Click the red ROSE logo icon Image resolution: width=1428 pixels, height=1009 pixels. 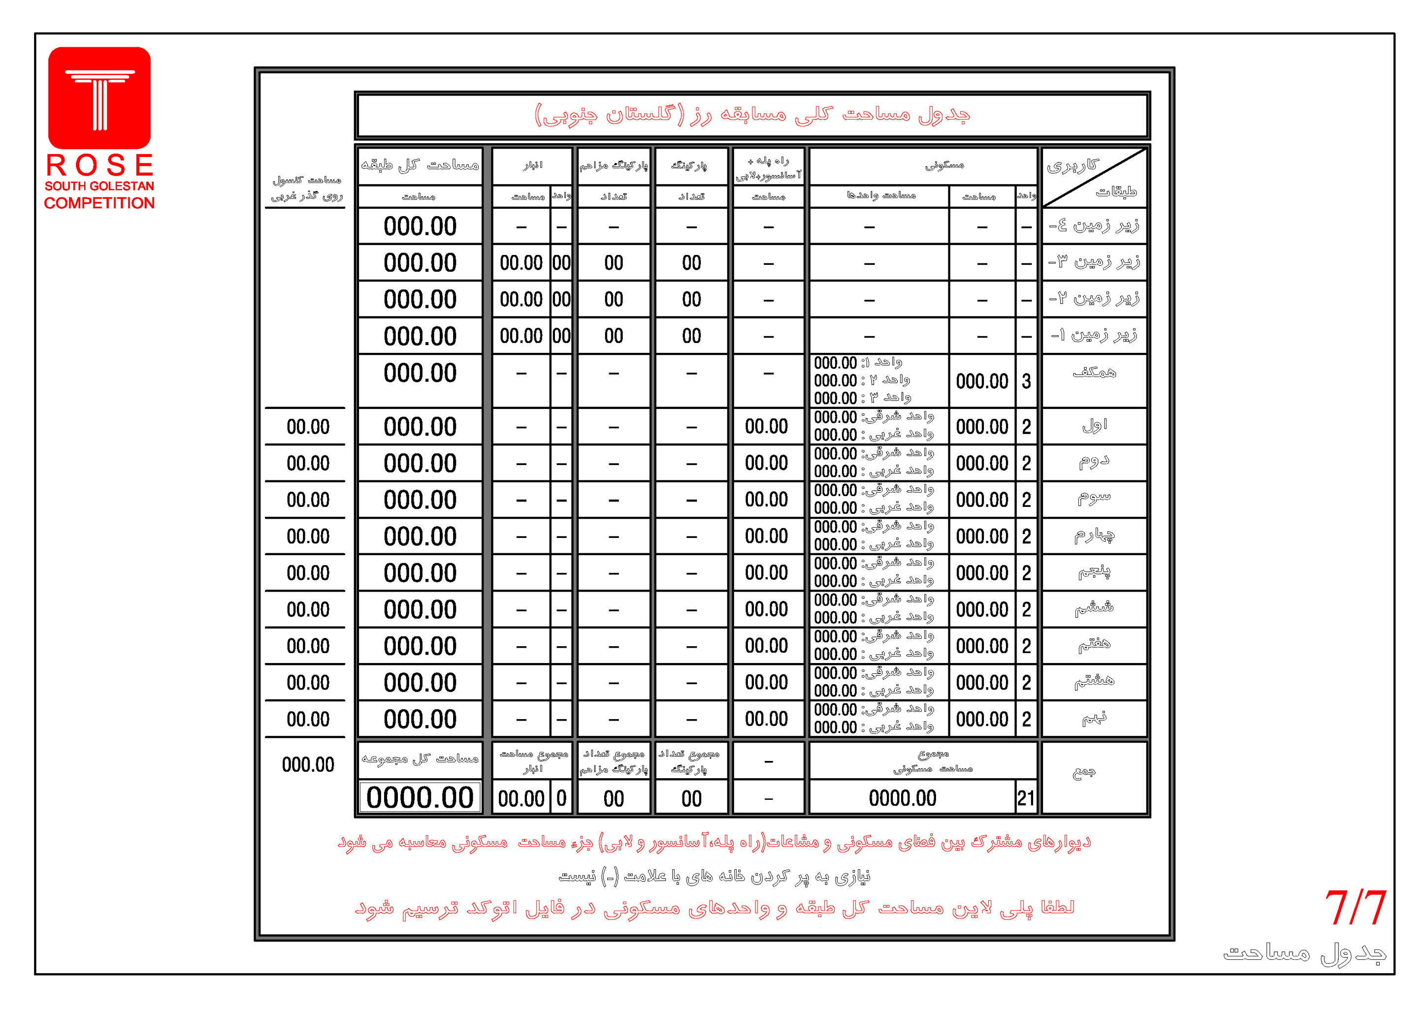(x=99, y=97)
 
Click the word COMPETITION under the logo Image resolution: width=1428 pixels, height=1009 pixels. (x=99, y=203)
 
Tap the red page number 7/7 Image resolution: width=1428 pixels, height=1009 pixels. (x=1355, y=908)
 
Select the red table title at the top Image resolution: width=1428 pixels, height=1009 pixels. (x=752, y=115)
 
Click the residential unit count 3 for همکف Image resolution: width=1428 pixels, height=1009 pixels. (x=1026, y=381)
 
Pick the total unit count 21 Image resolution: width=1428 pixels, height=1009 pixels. (x=1026, y=798)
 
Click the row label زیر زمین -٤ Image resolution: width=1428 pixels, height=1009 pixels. (x=1094, y=226)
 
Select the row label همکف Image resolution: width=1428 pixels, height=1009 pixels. (x=1094, y=373)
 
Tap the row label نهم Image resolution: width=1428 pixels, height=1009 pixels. (x=1094, y=719)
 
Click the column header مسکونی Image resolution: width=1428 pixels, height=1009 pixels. (x=944, y=165)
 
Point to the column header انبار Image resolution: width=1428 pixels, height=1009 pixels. (x=532, y=165)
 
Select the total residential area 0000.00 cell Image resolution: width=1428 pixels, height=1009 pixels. (x=903, y=798)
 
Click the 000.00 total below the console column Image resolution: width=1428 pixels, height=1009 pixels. (x=308, y=765)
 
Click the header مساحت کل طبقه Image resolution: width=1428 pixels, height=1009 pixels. (x=420, y=165)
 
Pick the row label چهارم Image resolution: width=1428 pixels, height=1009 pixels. (x=1094, y=536)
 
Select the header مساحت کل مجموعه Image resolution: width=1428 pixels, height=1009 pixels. (x=420, y=759)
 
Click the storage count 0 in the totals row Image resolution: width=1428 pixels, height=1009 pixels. (x=561, y=798)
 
